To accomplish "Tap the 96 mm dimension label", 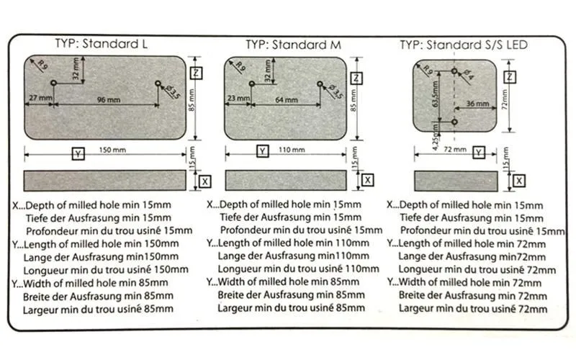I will (x=107, y=99).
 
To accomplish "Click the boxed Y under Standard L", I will (x=77, y=152).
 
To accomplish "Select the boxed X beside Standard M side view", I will (x=367, y=180).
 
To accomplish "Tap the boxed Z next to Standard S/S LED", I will (x=509, y=77).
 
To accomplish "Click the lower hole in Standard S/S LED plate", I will (x=454, y=122).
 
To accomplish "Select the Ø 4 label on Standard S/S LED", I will (x=469, y=73).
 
